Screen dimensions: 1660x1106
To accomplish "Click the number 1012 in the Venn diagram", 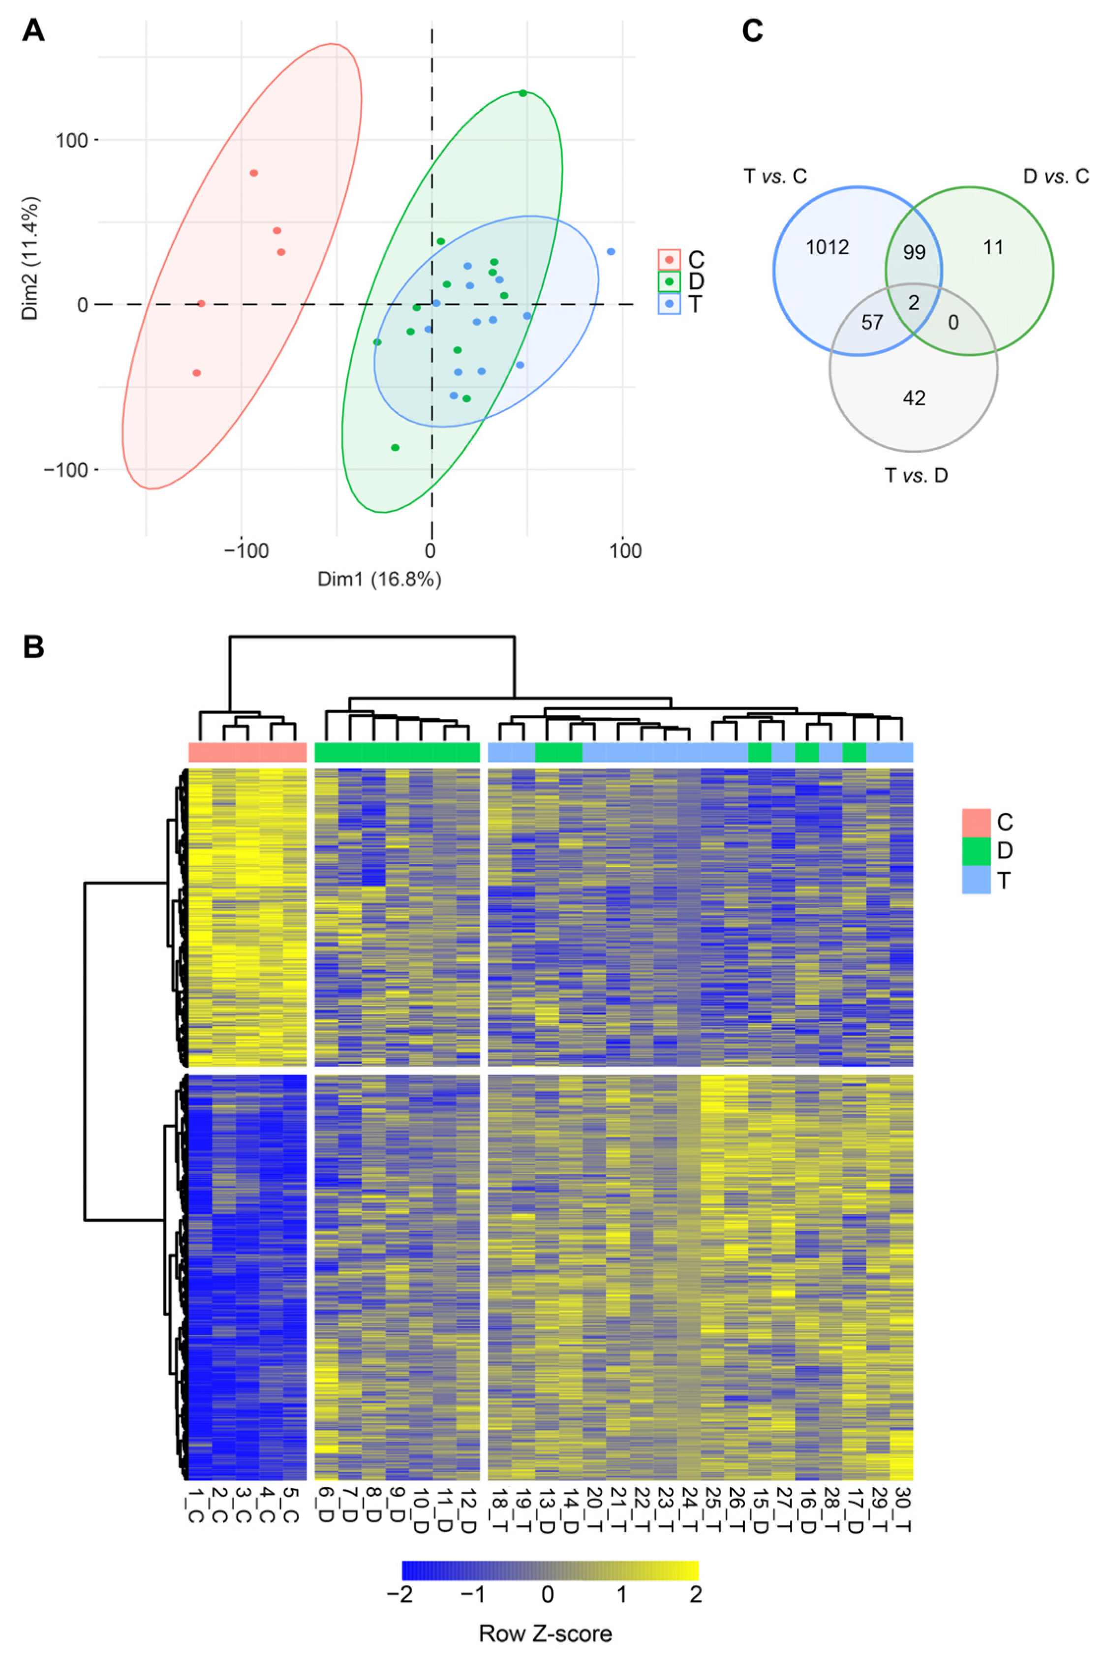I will (x=828, y=247).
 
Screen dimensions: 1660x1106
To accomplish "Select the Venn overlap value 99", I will (x=914, y=252).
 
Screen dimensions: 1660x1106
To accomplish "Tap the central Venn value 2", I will (x=914, y=303).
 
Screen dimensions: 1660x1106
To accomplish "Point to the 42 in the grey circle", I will (x=914, y=399).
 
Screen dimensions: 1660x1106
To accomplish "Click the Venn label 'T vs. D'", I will (x=916, y=476).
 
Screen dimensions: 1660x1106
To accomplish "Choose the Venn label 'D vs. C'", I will (x=1056, y=176).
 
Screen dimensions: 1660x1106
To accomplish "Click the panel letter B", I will (x=33, y=646).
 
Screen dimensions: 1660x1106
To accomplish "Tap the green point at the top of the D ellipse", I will (x=522, y=93).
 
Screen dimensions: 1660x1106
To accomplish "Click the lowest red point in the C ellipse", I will (x=197, y=373).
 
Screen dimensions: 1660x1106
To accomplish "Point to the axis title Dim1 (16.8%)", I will (x=379, y=580).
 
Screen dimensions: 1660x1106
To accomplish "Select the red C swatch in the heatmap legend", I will (x=976, y=822).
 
